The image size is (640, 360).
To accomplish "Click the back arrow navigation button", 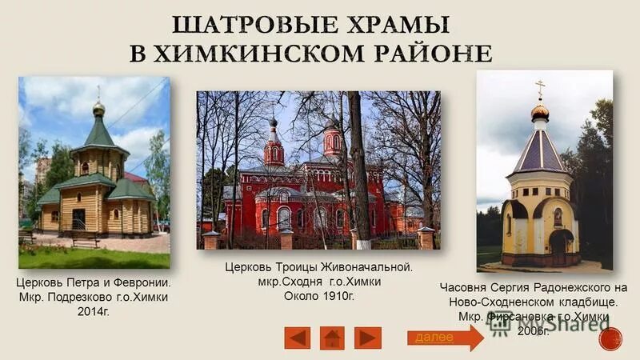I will point(297,338).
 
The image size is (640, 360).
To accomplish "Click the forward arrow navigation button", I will point(368,338).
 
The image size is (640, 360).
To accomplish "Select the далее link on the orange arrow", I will point(434,337).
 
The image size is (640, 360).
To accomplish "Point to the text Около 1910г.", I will point(318,296).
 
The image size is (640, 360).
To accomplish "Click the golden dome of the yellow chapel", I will point(540,111).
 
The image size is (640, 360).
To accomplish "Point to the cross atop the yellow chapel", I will point(540,88).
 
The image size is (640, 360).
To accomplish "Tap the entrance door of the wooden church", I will point(78,218).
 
